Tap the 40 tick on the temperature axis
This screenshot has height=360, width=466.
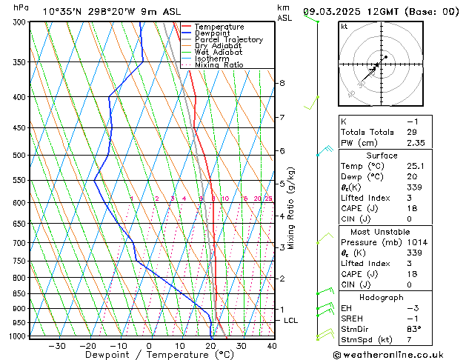click(x=272, y=346)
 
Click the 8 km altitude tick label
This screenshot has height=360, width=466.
click(x=282, y=83)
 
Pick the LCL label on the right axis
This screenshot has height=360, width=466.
click(x=291, y=320)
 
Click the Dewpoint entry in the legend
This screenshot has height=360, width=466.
click(x=213, y=33)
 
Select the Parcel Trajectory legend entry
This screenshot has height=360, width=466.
click(x=228, y=40)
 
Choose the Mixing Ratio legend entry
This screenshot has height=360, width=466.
click(x=219, y=65)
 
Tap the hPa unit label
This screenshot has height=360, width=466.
click(x=21, y=7)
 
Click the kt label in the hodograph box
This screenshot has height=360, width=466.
click(x=344, y=26)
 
